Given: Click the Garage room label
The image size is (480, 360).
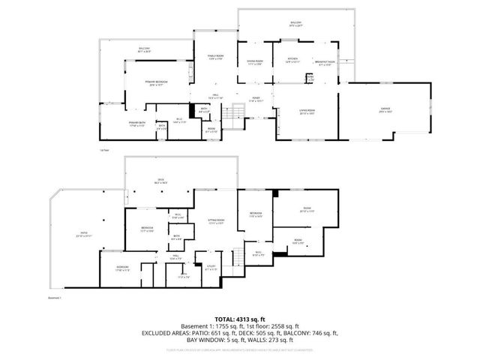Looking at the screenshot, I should click(x=385, y=112).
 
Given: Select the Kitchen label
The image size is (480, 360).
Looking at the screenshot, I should click(x=292, y=61).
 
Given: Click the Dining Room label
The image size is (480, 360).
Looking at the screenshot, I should click(x=255, y=62).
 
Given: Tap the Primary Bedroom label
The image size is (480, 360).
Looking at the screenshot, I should click(x=157, y=82).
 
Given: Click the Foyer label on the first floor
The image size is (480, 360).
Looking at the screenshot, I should click(x=256, y=99).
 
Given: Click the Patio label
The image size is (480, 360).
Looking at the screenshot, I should click(x=84, y=234).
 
